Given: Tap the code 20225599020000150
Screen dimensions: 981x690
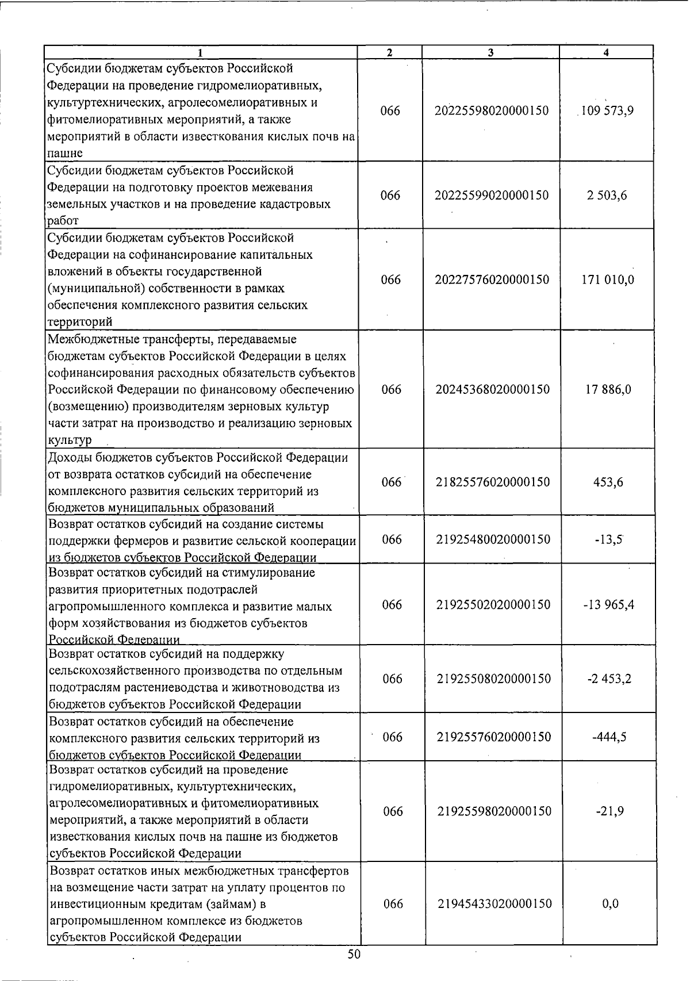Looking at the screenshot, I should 492,196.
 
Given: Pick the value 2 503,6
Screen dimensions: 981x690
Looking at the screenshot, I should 607,196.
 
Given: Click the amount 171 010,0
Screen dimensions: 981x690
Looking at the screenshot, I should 608,280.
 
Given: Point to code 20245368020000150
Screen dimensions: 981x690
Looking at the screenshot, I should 492,389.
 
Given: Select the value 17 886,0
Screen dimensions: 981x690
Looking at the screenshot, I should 608,389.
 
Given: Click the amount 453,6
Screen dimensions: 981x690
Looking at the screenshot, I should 608,482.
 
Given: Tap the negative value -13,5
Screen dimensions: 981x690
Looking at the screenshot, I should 609,539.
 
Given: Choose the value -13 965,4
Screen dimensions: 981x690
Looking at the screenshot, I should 609,605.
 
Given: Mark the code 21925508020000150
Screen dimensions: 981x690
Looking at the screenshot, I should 494,679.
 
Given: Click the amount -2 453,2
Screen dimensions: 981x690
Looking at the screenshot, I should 609,679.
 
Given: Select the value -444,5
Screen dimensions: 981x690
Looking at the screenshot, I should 609,737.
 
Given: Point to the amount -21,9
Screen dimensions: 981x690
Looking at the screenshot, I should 610,811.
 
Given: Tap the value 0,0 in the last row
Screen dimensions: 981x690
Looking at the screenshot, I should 611,904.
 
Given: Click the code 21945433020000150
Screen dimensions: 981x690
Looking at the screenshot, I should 495,904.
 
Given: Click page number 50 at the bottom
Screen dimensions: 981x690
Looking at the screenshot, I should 354,955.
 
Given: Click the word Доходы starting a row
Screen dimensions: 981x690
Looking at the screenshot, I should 68,458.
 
